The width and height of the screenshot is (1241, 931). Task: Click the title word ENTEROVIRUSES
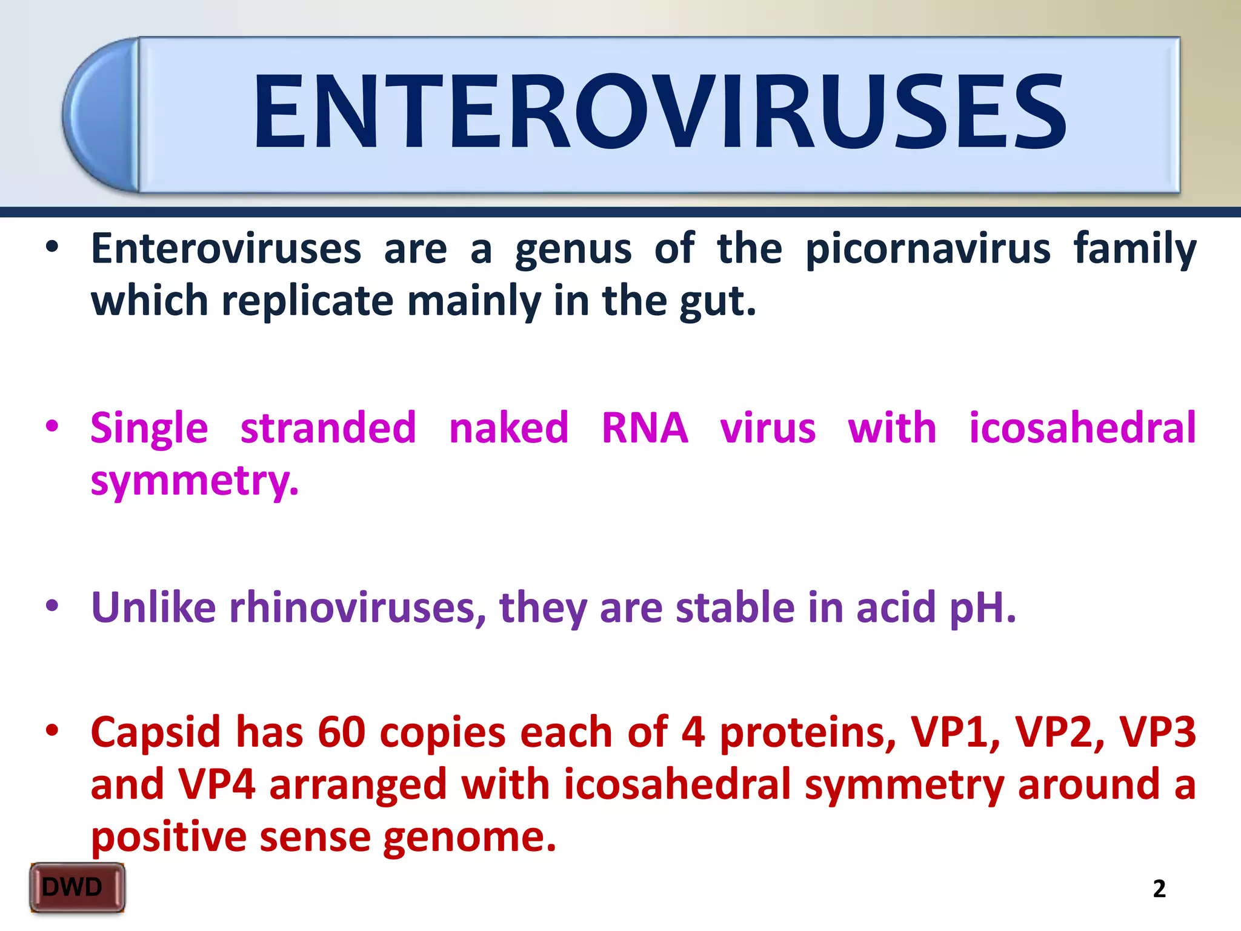pos(659,112)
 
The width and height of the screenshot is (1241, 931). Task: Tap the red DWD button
pos(77,887)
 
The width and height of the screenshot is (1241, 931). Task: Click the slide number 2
pos(1159,889)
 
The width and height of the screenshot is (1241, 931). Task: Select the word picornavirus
pos(928,249)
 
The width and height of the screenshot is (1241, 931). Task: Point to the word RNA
pos(645,428)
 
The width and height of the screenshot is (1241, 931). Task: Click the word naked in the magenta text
pos(508,428)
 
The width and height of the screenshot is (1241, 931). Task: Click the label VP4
pos(216,784)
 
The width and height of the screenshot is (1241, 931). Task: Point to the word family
pos(1135,249)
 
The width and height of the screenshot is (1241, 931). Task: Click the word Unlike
pos(153,607)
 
